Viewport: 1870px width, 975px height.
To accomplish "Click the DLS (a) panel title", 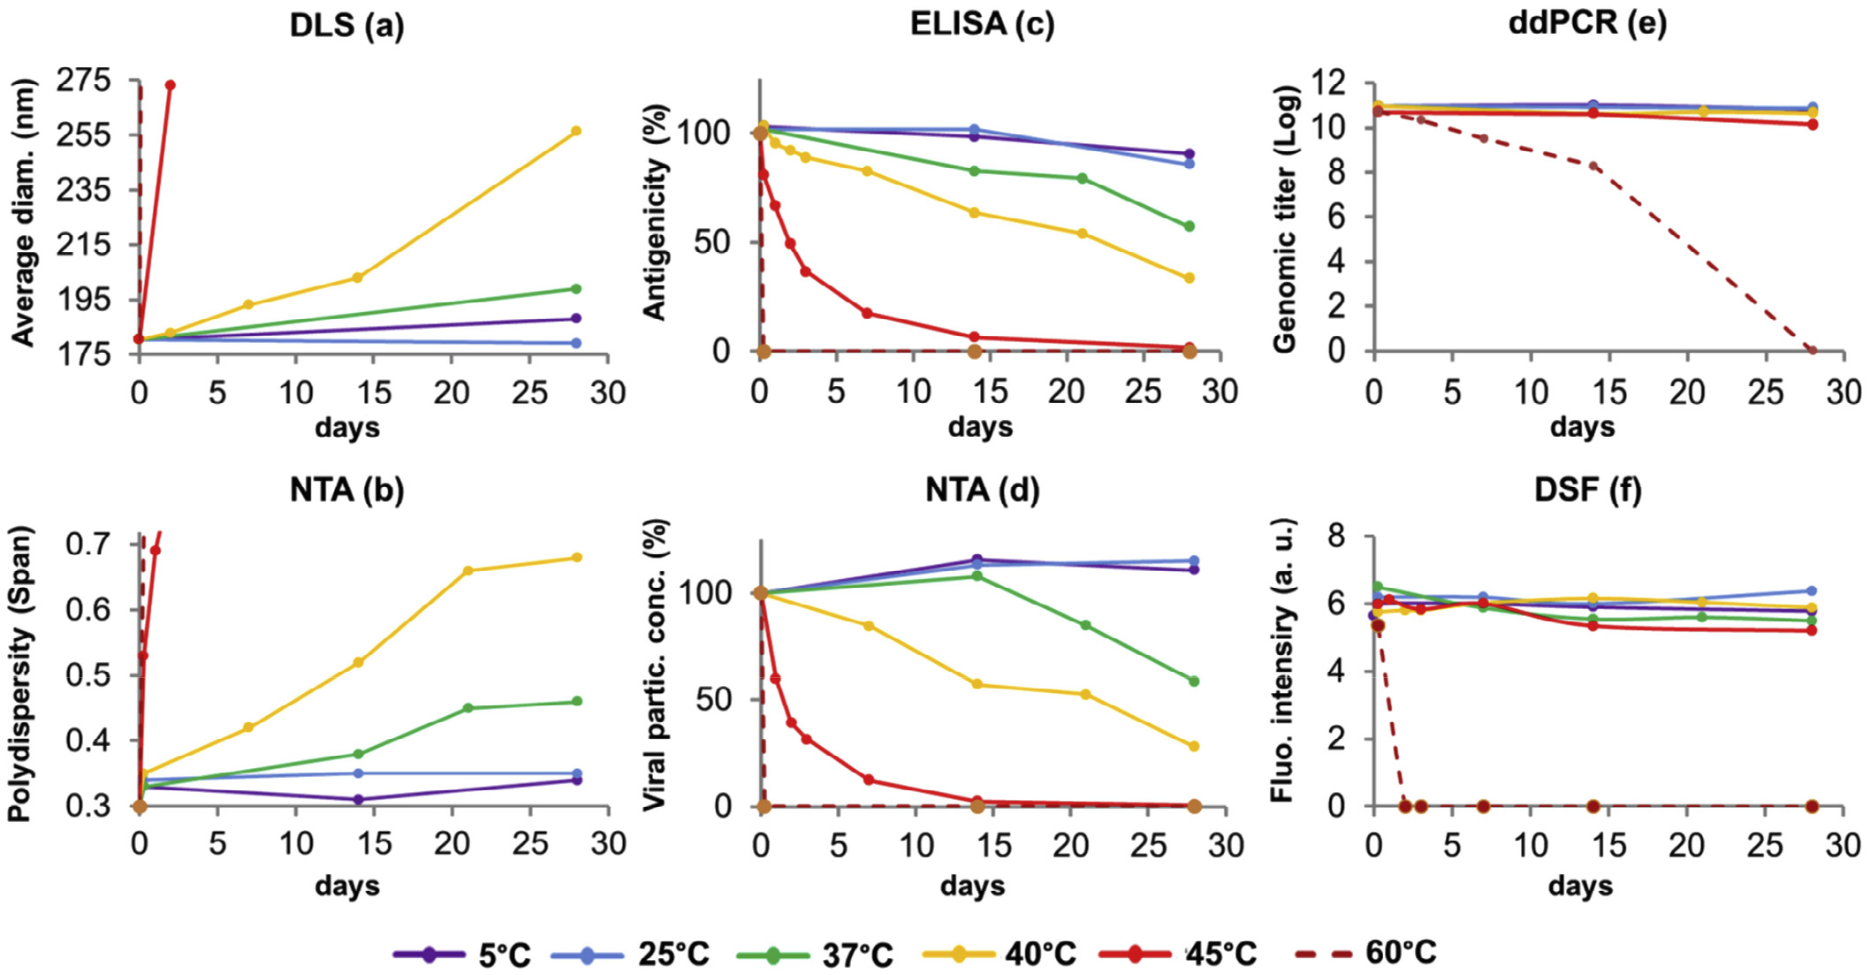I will coord(346,25).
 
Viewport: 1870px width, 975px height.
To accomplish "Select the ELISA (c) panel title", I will coord(982,24).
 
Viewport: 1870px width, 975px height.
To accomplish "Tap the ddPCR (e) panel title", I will coord(1587,23).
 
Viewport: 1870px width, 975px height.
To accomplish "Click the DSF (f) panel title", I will coord(1587,490).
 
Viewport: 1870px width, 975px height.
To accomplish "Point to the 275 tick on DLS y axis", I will coord(84,81).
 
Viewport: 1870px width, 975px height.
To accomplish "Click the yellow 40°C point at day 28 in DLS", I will coord(576,131).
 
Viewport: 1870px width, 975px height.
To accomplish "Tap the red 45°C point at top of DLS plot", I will coord(170,85).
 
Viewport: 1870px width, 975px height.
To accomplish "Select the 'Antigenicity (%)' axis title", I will coord(654,212).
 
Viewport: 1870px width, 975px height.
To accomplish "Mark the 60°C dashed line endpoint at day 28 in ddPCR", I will coord(1813,351).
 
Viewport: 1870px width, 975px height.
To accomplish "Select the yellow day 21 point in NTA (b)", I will coord(467,570).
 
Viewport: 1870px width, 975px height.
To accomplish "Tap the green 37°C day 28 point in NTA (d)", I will coord(1194,682).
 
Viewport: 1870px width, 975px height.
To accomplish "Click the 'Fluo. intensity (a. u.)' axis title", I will coord(1281,660).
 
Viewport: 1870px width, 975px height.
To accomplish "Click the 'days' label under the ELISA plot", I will coord(980,427).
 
